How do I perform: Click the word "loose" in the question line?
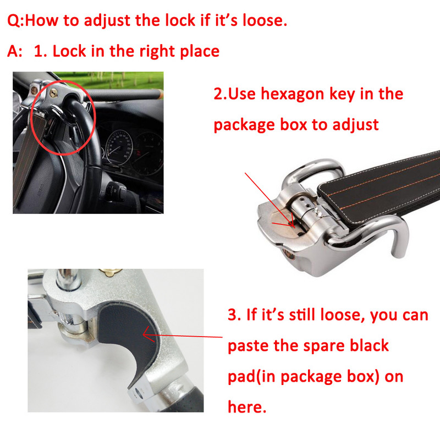pos(265,20)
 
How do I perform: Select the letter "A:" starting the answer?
pos(15,51)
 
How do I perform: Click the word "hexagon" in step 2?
pos(293,94)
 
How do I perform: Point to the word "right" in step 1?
pos(157,52)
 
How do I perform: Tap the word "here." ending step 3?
pos(247,406)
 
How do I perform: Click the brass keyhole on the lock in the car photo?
pos(53,93)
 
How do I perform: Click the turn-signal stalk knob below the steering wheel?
pos(117,189)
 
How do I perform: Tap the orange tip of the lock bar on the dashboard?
pos(161,94)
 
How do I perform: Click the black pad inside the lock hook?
pos(127,337)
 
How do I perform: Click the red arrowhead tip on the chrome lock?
pos(294,227)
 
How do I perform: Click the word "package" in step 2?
pos(244,125)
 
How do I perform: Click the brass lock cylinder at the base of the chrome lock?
pos(289,254)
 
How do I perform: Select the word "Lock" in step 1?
pos(69,51)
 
